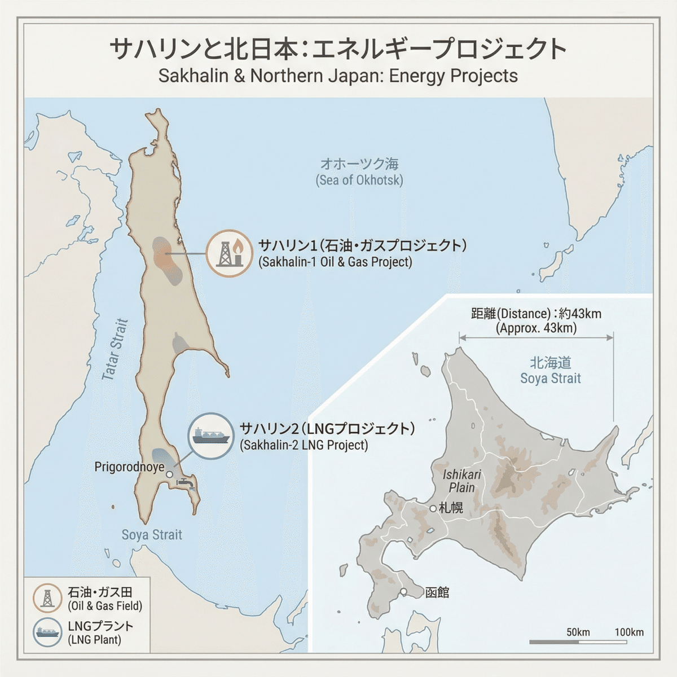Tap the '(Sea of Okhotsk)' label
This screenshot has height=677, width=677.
[359, 181]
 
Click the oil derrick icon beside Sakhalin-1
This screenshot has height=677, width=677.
[229, 253]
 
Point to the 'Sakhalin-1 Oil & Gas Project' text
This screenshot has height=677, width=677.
[335, 262]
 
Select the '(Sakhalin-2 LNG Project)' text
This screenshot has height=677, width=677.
[304, 445]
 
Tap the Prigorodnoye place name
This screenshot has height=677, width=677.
[129, 467]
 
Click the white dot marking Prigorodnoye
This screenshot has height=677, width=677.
[170, 474]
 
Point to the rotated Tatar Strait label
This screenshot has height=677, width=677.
[115, 350]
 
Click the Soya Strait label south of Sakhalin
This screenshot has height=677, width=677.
[152, 535]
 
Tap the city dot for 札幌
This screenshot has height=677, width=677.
[433, 508]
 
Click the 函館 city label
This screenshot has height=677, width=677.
[437, 592]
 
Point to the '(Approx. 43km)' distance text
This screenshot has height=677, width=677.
[536, 328]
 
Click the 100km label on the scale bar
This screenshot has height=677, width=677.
[628, 632]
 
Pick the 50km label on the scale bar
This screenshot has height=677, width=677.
[578, 632]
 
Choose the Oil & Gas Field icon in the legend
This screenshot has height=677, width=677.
[48, 598]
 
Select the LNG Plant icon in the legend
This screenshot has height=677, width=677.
[48, 632]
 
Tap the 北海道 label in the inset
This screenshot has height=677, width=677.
[550, 362]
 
